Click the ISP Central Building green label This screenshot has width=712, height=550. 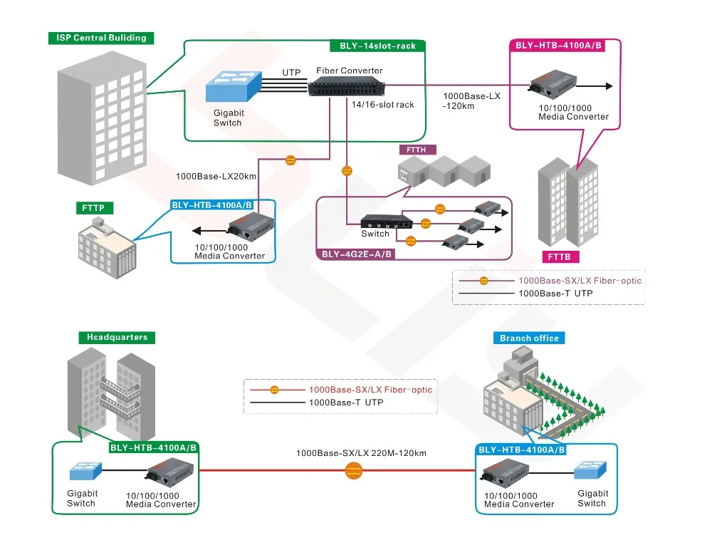(x=100, y=38)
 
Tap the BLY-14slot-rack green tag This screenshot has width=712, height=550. (x=377, y=46)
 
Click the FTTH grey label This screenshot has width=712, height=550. (x=417, y=150)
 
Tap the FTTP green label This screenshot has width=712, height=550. (x=93, y=208)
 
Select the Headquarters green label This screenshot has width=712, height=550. (x=117, y=337)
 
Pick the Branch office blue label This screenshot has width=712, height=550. (x=529, y=338)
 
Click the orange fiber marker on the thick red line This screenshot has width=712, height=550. (x=353, y=470)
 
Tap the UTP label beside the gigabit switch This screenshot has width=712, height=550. (x=291, y=73)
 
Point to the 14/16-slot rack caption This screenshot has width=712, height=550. (x=382, y=104)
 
